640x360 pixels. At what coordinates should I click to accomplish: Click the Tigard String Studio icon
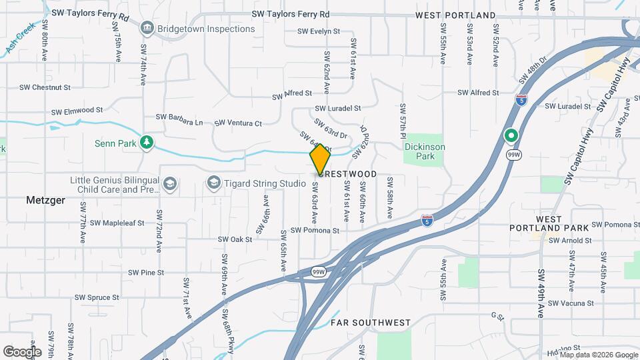click(213, 182)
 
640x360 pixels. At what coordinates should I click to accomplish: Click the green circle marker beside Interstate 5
click(511, 136)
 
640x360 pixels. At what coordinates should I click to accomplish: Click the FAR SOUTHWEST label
click(370, 323)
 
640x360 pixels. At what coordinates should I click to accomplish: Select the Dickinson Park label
click(425, 151)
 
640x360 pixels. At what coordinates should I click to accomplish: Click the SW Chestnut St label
click(45, 87)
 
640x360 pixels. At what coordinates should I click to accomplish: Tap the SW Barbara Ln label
click(180, 122)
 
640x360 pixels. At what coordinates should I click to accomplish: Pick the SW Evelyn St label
click(319, 31)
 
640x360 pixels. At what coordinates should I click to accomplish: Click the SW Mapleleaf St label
click(117, 223)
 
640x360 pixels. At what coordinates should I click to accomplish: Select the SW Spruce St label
click(97, 297)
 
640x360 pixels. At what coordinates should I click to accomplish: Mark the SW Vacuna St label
click(571, 303)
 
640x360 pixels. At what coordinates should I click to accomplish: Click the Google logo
click(22, 351)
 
